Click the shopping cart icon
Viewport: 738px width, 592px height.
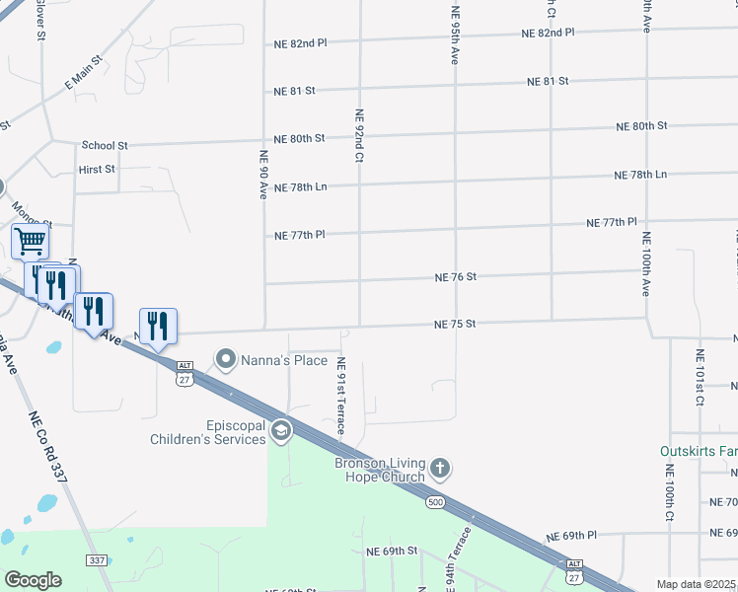[x=30, y=240]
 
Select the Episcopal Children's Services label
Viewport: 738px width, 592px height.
[x=208, y=433]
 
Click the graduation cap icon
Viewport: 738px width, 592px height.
[x=281, y=430]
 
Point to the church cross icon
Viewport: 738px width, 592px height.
[x=440, y=467]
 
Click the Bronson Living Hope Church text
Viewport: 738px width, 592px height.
[x=380, y=470]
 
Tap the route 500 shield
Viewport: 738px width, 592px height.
[x=435, y=503]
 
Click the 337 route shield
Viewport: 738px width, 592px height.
[x=97, y=560]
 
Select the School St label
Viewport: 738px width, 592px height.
[x=105, y=145]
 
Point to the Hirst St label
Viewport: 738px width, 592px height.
[x=97, y=170]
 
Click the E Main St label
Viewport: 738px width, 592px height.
[x=84, y=76]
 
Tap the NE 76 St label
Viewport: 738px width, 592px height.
[x=456, y=277]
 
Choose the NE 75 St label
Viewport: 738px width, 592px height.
[x=456, y=324]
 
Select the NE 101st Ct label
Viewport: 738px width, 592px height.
[x=699, y=377]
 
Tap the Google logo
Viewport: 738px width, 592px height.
[x=33, y=580]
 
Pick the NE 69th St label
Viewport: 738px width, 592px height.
[x=393, y=550]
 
